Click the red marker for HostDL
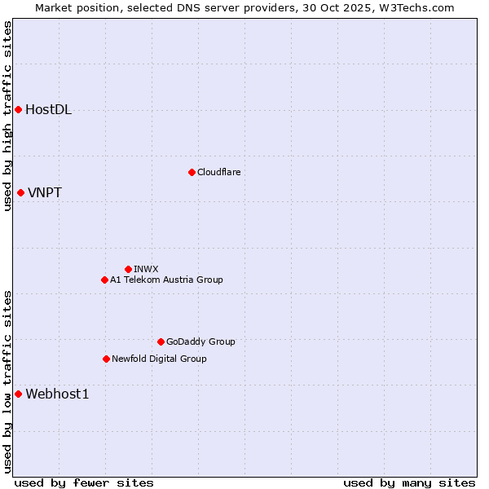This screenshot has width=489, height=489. (x=18, y=109)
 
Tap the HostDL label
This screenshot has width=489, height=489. (x=49, y=110)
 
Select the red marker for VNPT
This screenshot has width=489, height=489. (x=20, y=192)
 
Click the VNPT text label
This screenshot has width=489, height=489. (x=45, y=193)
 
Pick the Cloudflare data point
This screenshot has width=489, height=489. (x=192, y=172)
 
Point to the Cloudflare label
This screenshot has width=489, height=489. (x=218, y=172)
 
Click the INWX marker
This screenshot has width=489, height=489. (x=128, y=269)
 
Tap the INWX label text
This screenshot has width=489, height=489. (x=146, y=269)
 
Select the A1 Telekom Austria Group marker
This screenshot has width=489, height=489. (x=104, y=280)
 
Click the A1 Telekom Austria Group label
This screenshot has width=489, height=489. (x=166, y=280)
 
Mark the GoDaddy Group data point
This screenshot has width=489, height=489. (x=161, y=341)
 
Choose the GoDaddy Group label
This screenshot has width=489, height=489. (x=200, y=341)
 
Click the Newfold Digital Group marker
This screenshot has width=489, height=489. (x=106, y=359)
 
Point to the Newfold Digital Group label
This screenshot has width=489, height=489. (x=159, y=359)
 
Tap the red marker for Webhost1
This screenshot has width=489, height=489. (x=18, y=394)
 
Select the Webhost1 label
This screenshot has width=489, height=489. (x=57, y=394)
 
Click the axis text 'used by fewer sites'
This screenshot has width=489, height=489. (x=84, y=482)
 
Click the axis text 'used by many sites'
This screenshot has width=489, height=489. (x=409, y=482)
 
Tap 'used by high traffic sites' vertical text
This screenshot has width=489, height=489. (x=7, y=116)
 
